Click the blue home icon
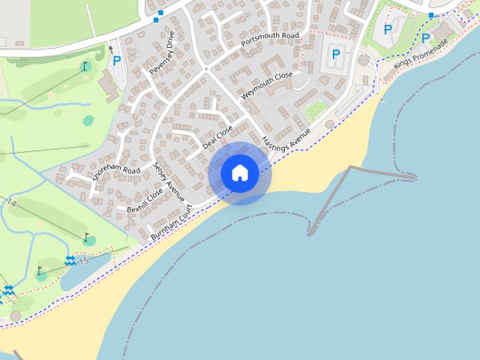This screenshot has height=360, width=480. (x=240, y=173)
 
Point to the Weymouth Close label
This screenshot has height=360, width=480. (x=266, y=87)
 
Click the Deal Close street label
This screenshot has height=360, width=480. (x=217, y=137)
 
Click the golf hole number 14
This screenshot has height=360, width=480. (x=11, y=203)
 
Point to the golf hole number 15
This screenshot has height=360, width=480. (x=83, y=261)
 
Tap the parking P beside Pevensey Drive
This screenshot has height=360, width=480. (x=117, y=60)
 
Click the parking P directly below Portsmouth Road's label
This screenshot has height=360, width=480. (x=335, y=54)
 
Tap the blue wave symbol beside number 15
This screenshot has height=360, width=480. (x=70, y=260)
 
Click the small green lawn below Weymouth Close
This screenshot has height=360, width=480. (x=316, y=110)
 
